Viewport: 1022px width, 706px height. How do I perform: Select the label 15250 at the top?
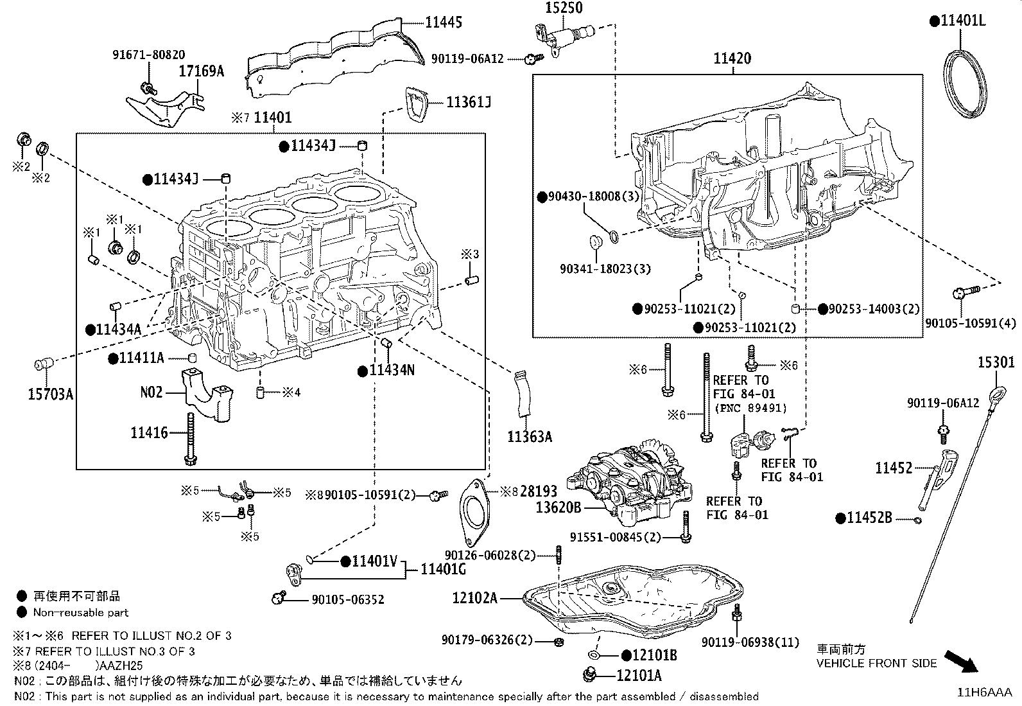(x=564, y=8)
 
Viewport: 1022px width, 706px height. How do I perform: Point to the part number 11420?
(x=732, y=58)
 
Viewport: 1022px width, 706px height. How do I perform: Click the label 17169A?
(x=201, y=71)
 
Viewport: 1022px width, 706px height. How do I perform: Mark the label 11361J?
(x=469, y=101)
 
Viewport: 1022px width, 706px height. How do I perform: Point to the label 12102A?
(x=475, y=598)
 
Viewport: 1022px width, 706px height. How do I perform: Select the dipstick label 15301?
(x=996, y=362)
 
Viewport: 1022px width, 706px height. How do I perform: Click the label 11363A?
(x=530, y=437)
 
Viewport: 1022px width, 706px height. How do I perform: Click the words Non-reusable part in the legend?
(x=81, y=613)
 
